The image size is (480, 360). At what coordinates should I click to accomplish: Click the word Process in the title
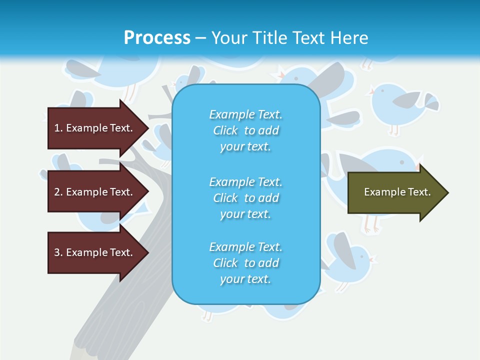(157, 37)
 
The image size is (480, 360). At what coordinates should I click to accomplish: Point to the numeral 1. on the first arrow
(58, 128)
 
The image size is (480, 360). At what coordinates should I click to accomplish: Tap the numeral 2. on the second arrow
(58, 192)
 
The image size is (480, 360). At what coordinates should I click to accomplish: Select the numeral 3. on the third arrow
(58, 252)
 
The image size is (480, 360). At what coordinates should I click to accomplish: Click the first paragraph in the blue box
(245, 130)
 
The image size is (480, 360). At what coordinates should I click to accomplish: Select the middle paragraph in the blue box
(245, 198)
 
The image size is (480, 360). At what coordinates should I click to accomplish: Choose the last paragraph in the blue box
(245, 263)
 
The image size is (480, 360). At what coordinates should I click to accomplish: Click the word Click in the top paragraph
(225, 130)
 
